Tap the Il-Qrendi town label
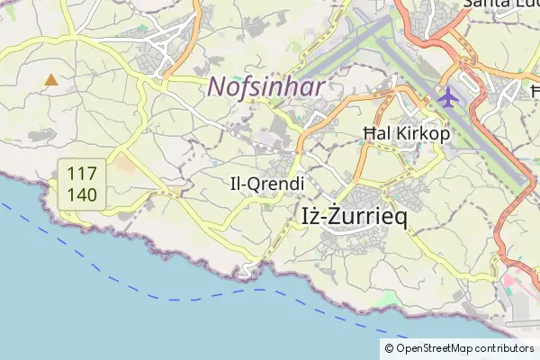[267, 183]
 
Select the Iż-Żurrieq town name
[351, 215]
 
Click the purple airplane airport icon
[447, 95]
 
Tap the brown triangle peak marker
[51, 80]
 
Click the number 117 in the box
[83, 173]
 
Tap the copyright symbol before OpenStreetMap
[390, 348]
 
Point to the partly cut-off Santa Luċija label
[499, 4]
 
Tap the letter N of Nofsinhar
[217, 88]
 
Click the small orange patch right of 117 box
[124, 166]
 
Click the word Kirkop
[419, 135]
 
